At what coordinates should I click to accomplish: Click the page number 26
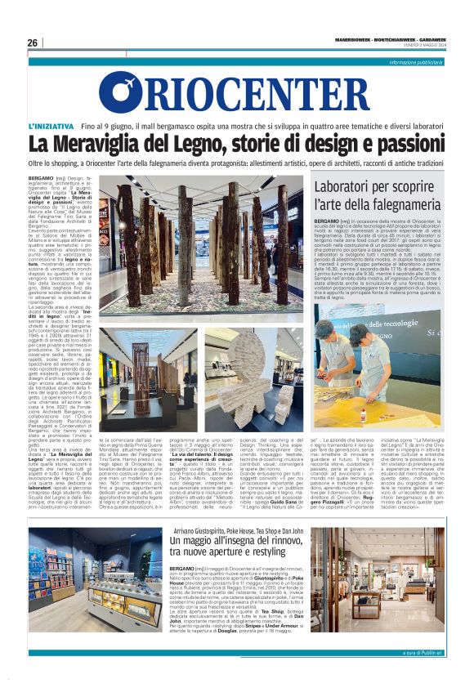[x=33, y=42]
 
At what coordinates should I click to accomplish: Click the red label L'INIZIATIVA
[x=51, y=127]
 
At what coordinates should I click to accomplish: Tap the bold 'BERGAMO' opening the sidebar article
[x=329, y=221]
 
